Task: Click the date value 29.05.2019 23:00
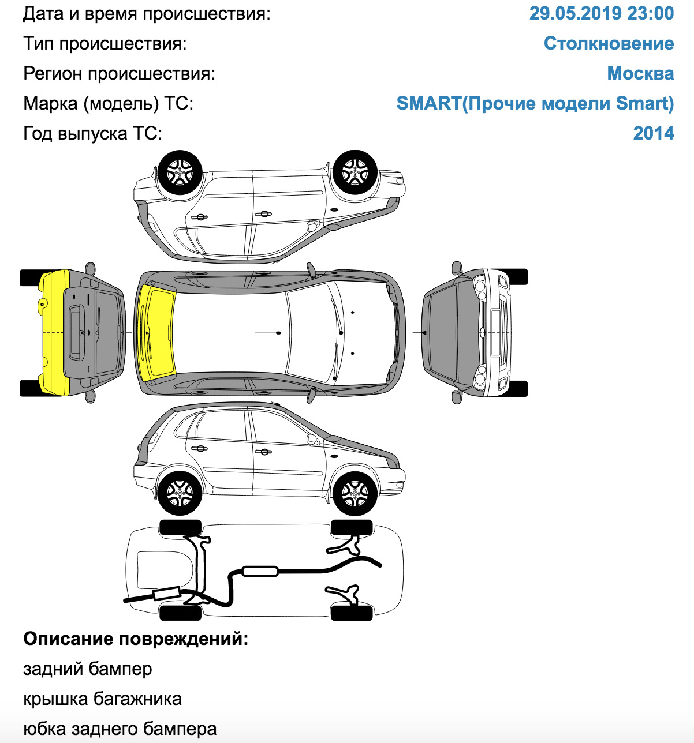601,13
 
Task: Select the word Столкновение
609,43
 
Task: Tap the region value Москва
640,73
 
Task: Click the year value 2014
654,133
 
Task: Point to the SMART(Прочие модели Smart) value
535,103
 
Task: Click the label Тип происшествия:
105,43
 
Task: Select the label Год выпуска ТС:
93,133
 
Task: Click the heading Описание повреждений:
136,639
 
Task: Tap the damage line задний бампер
88,669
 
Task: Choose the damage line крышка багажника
102,699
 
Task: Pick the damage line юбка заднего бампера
120,729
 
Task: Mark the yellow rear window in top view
156,332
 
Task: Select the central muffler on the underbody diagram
260,571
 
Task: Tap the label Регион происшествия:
119,73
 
